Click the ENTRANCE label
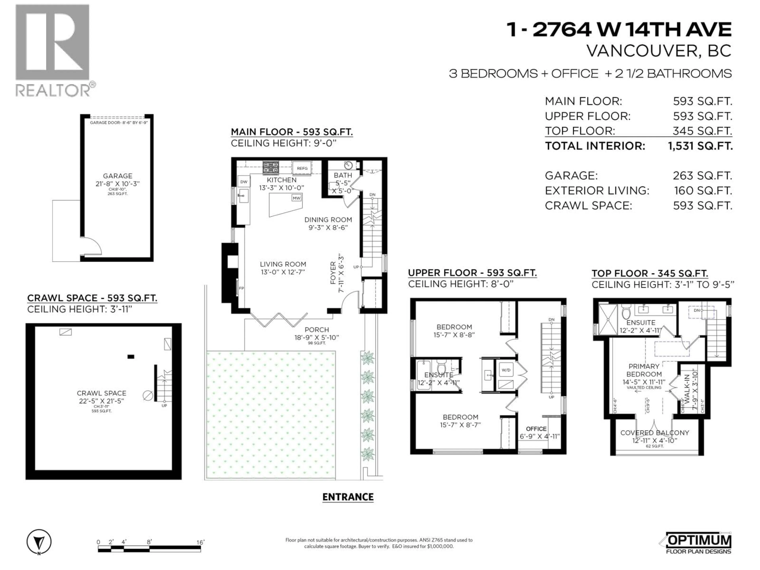tap(348, 497)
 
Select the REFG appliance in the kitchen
tap(302, 168)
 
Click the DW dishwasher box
tap(244, 182)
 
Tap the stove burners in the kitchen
tap(271, 168)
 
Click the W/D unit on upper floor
tap(506, 370)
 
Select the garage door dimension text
tap(119, 123)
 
